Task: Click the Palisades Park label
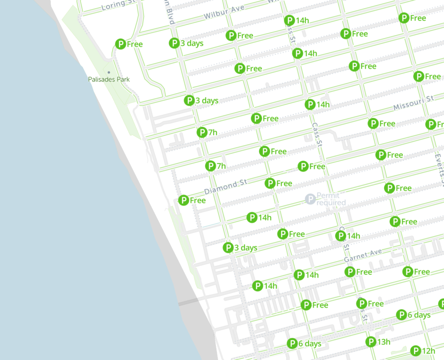pos(109,79)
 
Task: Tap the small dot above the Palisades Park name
pos(109,72)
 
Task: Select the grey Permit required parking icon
pos(310,199)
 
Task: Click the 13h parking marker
pos(371,342)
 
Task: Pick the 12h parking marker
pos(416,351)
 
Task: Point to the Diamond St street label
pos(225,187)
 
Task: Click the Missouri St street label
pos(413,103)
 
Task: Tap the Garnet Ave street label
pos(362,256)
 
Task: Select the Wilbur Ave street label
pos(222,12)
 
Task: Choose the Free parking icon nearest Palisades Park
pos(121,44)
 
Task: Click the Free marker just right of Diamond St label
pos(271,183)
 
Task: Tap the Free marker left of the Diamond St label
pos(184,200)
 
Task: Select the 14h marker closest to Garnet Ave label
pos(341,236)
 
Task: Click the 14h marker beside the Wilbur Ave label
pos(290,20)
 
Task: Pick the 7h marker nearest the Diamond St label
pos(210,166)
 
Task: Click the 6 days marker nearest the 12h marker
pos(402,315)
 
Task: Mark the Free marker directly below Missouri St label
pos(373,123)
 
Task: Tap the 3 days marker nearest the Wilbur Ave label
pos(174,43)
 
